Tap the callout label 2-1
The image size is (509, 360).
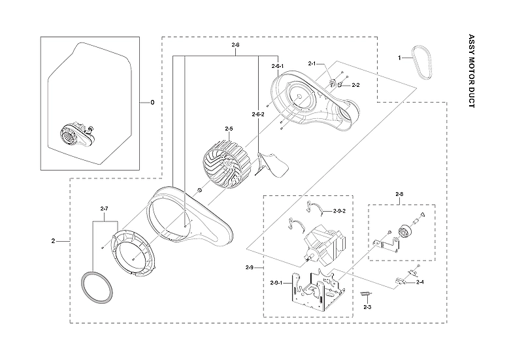(312, 63)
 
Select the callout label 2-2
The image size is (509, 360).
(355, 85)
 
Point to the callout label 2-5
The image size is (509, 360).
(229, 129)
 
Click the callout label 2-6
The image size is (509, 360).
(235, 44)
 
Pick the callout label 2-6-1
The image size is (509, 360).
(278, 66)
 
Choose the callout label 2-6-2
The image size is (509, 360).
(258, 114)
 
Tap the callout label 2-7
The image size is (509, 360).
(104, 208)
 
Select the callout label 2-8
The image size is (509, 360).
(399, 194)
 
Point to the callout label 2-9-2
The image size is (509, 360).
(339, 210)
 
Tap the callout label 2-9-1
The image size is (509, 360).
(276, 282)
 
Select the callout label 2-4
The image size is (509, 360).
(419, 282)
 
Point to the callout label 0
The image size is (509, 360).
(152, 103)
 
